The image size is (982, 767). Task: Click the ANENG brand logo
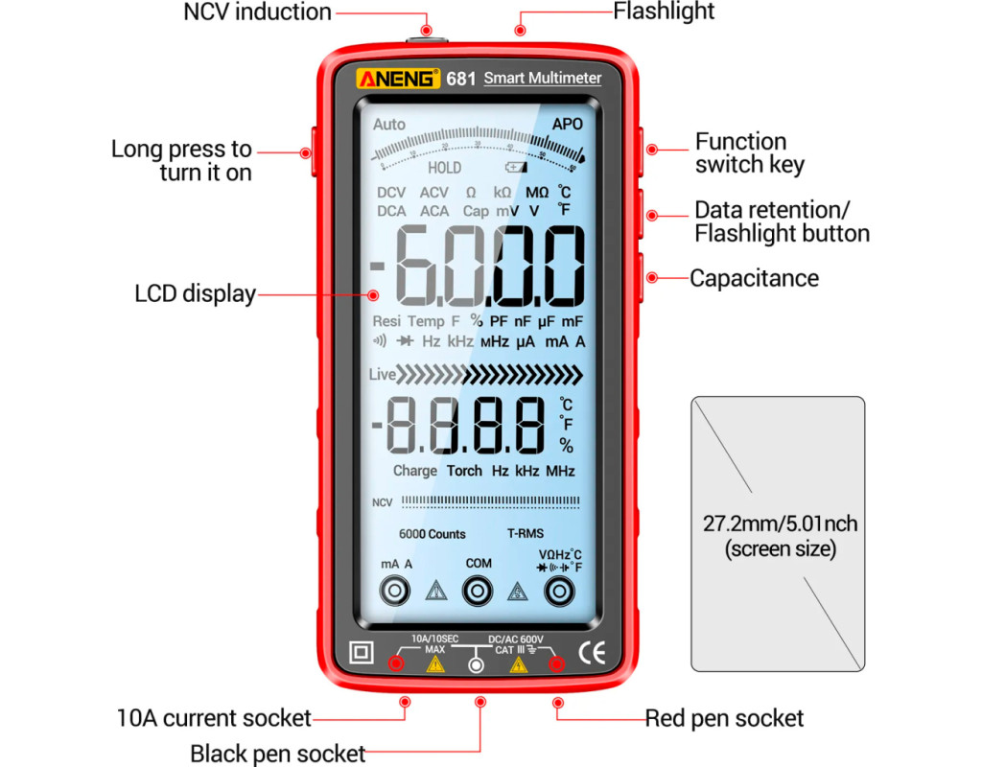coord(397,79)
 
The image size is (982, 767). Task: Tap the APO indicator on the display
coord(567,124)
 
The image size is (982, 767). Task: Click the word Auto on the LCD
coord(389,125)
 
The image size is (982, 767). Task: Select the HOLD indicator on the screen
coord(444,168)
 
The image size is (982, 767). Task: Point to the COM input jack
coord(478,592)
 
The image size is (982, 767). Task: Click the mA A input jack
coord(396,592)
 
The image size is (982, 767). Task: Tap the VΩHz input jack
coord(560,593)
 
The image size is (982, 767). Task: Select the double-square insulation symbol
coord(362,653)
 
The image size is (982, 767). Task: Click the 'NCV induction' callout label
coord(257,12)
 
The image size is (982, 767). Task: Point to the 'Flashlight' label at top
coord(664,12)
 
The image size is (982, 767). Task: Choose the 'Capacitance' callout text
coord(754,278)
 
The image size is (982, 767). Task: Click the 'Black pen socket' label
coord(277,754)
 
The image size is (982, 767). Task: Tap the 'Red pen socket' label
coord(724,718)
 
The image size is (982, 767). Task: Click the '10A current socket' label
coord(214,717)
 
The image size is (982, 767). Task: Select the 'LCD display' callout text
coord(195,294)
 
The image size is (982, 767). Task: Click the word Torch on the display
coord(464,471)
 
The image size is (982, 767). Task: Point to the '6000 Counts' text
coord(433,534)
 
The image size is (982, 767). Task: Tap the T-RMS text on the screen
coord(526,534)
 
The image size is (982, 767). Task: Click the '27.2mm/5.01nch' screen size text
coord(780,524)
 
